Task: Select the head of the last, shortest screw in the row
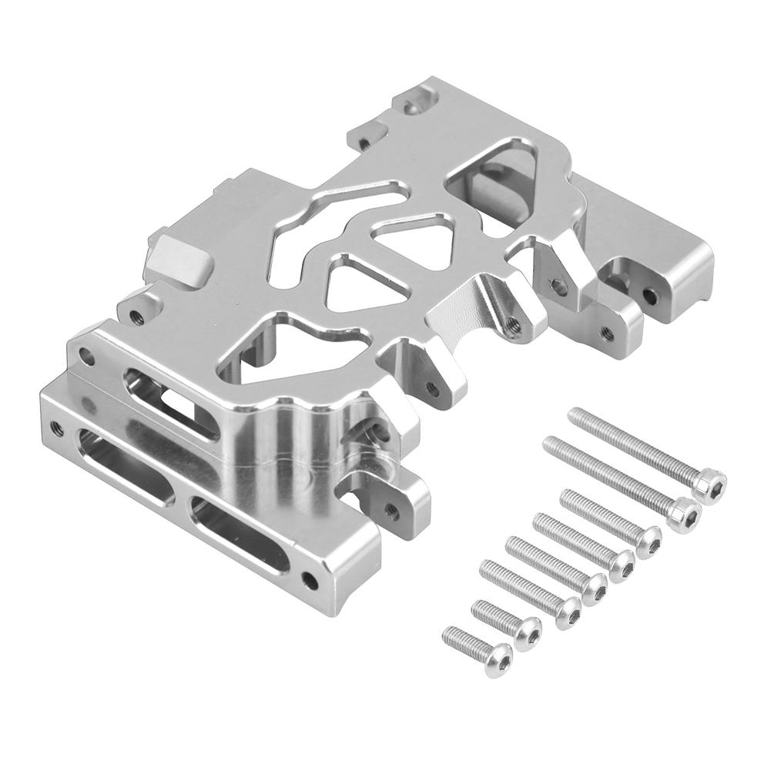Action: pos(498,653)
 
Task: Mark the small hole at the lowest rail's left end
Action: pos(55,424)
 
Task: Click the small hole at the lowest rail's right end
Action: pos(310,578)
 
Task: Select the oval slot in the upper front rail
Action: pos(162,401)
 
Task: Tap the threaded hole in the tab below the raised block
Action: pos(138,315)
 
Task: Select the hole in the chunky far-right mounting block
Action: pos(652,295)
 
